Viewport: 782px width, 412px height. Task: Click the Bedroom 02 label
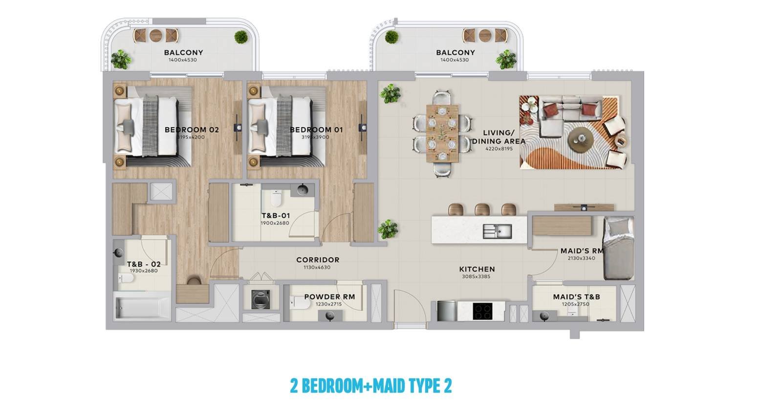[192, 130]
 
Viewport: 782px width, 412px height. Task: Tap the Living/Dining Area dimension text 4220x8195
[499, 149]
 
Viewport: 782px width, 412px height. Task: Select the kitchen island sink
[498, 231]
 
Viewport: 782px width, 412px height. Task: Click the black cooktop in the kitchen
[482, 311]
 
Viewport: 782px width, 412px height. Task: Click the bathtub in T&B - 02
[142, 307]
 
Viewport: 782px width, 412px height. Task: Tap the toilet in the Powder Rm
[300, 303]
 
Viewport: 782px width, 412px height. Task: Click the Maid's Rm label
[582, 251]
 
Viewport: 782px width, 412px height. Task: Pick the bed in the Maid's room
[619, 248]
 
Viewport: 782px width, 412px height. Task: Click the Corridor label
[318, 260]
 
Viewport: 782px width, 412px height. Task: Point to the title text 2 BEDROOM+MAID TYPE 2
[371, 386]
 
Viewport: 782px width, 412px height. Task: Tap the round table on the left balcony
[156, 35]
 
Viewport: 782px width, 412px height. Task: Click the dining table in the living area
[442, 133]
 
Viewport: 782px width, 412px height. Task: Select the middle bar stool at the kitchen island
[482, 209]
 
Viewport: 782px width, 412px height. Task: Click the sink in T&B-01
[303, 190]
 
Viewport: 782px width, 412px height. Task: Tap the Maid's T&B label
[576, 297]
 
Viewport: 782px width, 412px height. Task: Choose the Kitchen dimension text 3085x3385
[476, 276]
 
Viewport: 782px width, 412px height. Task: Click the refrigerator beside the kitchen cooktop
[447, 311]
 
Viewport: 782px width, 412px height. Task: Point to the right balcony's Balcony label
[455, 52]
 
